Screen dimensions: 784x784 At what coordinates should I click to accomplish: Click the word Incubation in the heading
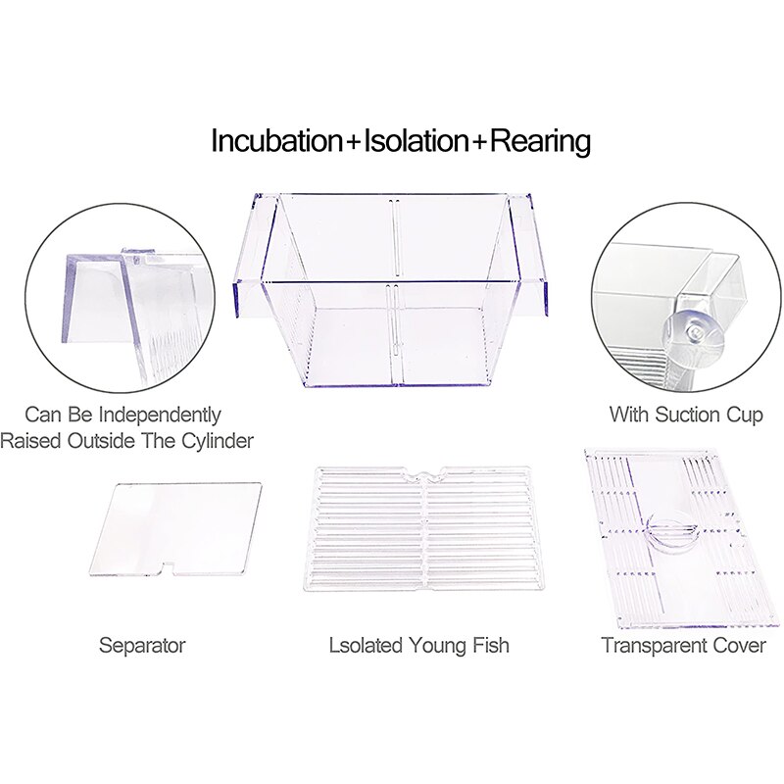(276, 141)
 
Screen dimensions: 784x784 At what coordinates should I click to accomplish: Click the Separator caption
(142, 645)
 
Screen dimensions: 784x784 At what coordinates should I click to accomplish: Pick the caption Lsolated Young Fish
(419, 645)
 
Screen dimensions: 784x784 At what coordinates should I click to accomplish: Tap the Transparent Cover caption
(684, 645)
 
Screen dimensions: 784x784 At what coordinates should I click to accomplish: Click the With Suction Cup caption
(686, 415)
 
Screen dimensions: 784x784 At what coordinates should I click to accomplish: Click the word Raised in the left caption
(30, 441)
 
